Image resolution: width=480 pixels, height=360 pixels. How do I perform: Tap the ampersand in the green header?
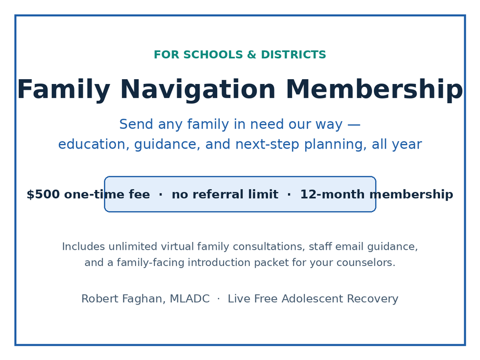(x=252, y=55)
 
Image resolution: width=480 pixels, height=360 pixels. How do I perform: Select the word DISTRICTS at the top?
(x=293, y=55)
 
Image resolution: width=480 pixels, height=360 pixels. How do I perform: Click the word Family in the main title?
(x=64, y=90)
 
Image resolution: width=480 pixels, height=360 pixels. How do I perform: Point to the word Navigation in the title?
(x=198, y=90)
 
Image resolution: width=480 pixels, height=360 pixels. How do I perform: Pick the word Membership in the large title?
(x=374, y=90)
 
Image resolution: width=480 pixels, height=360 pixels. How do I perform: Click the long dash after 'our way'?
(x=354, y=125)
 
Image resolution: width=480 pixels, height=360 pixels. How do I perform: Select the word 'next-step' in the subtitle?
(x=267, y=145)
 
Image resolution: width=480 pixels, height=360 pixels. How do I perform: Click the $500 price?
(x=43, y=194)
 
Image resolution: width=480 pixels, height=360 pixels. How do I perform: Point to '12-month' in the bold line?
(x=332, y=194)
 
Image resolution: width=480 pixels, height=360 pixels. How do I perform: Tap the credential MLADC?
(x=190, y=299)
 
